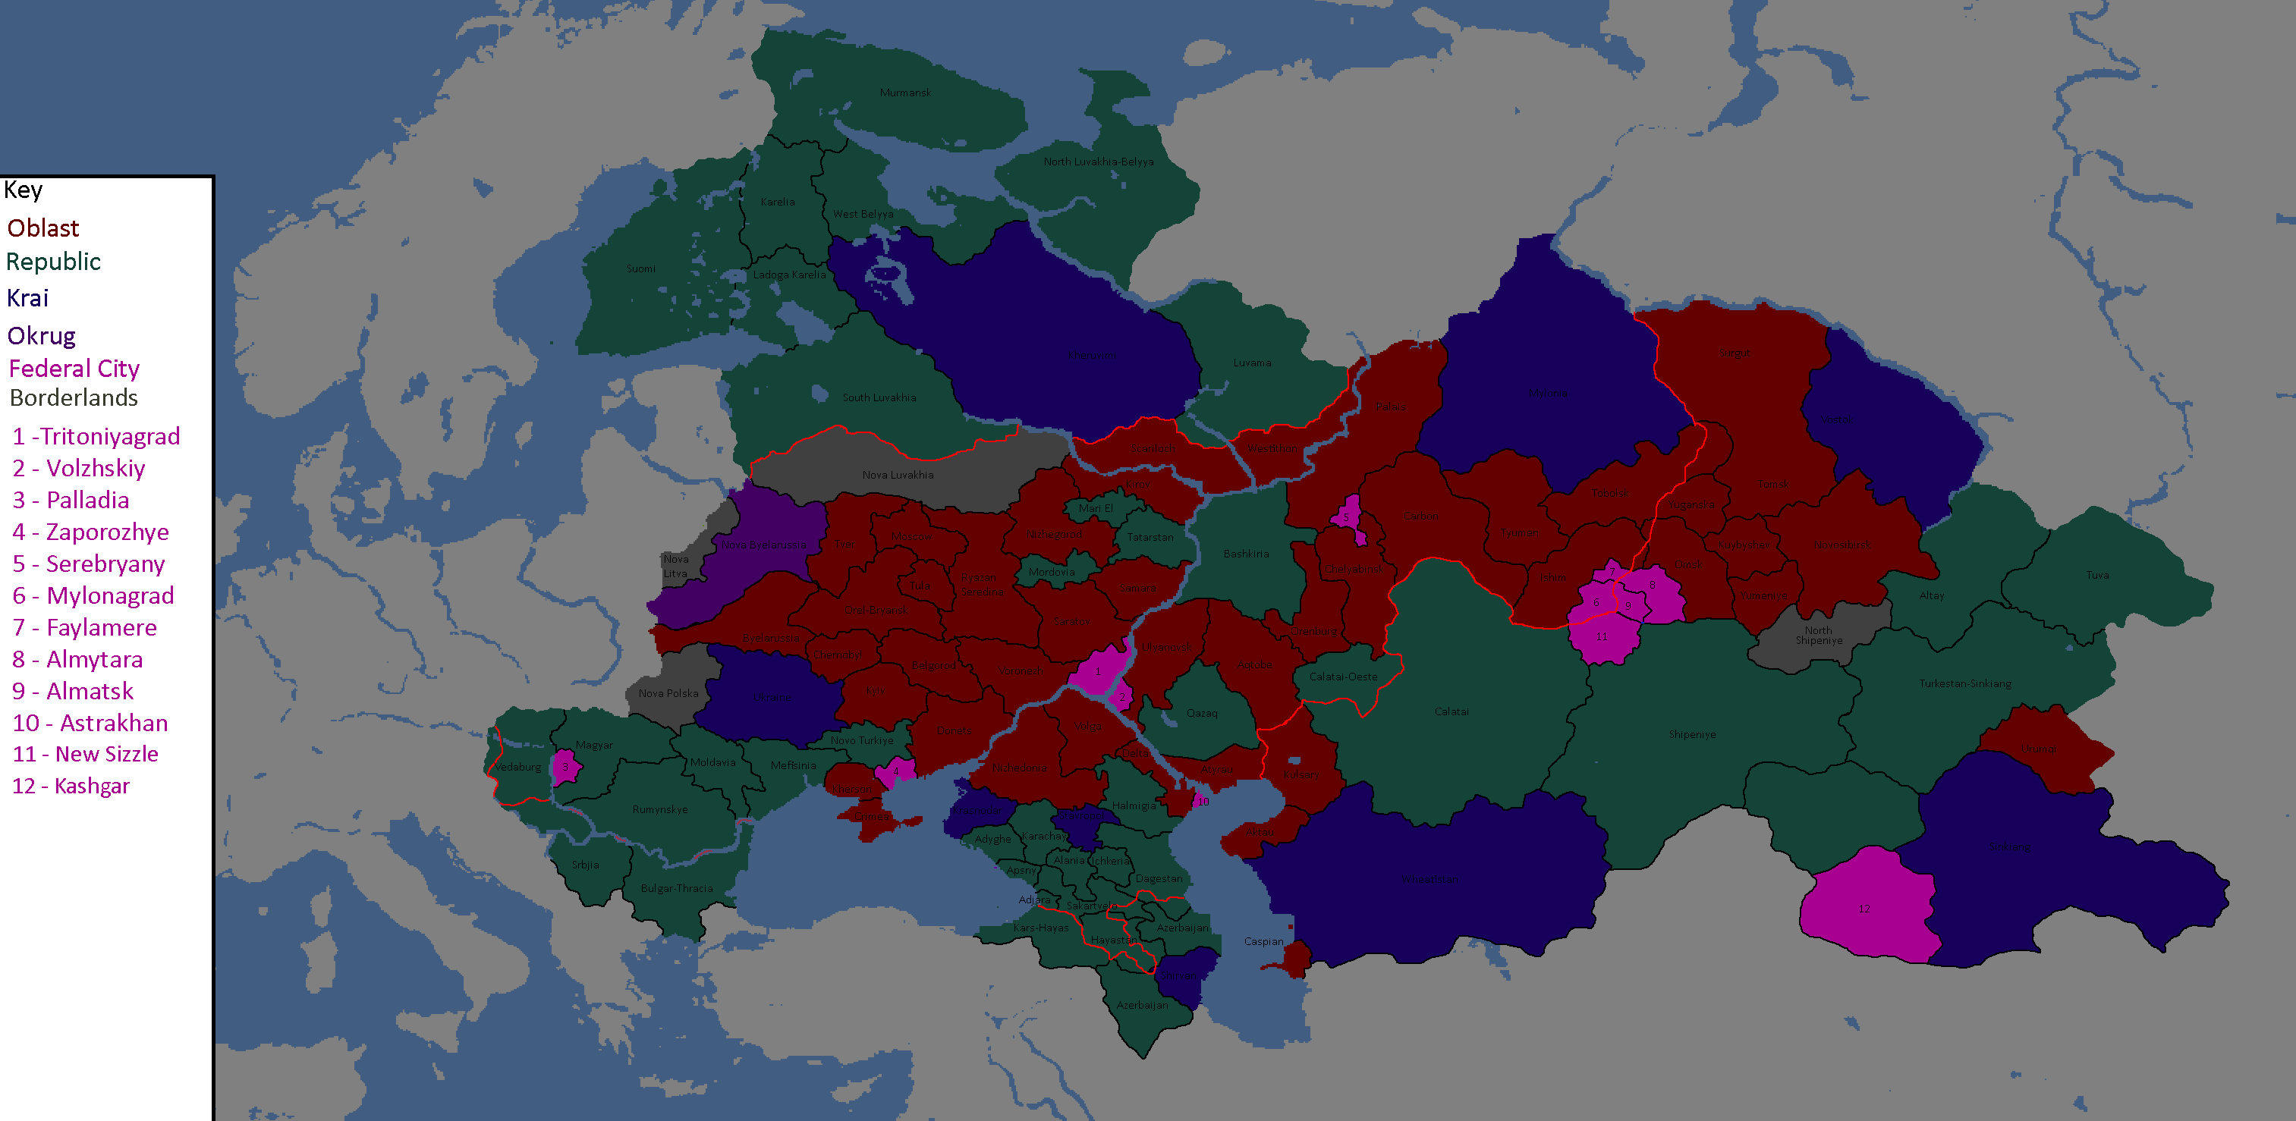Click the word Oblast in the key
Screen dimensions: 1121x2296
pos(42,228)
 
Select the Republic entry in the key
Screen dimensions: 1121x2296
pos(53,262)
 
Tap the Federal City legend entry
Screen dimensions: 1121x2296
pos(74,368)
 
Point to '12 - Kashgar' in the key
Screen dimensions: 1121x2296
pos(71,786)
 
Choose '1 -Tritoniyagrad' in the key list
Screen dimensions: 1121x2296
pos(96,437)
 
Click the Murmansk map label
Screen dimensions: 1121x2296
pos(904,93)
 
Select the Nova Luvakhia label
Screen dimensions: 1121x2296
pos(898,475)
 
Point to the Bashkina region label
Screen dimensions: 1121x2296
pos(1245,554)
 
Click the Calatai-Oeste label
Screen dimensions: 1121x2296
pos(1342,677)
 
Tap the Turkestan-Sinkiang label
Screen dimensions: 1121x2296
pos(1964,683)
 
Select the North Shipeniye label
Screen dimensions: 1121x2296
pos(1818,636)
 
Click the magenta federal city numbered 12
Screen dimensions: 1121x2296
pos(1864,908)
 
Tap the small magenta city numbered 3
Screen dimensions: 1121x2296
pos(565,766)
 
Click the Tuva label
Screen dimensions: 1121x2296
pos(2096,575)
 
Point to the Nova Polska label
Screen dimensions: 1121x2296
pos(668,693)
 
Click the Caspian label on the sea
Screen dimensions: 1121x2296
pos(1263,941)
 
